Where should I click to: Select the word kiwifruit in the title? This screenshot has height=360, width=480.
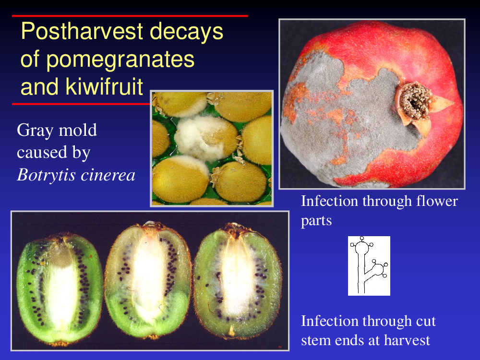point(104,86)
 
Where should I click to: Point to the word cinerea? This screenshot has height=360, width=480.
point(108,176)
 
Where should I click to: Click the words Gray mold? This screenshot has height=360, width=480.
point(57,130)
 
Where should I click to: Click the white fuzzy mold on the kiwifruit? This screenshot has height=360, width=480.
point(200,138)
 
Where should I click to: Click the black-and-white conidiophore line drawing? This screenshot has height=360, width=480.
point(369,266)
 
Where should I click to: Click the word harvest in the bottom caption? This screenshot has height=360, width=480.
point(407,340)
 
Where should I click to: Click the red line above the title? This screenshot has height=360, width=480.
point(130,16)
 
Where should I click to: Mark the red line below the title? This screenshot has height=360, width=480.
point(81,104)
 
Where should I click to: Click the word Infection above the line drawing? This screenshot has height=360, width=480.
point(329,202)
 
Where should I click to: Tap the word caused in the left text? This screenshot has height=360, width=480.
point(42,153)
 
